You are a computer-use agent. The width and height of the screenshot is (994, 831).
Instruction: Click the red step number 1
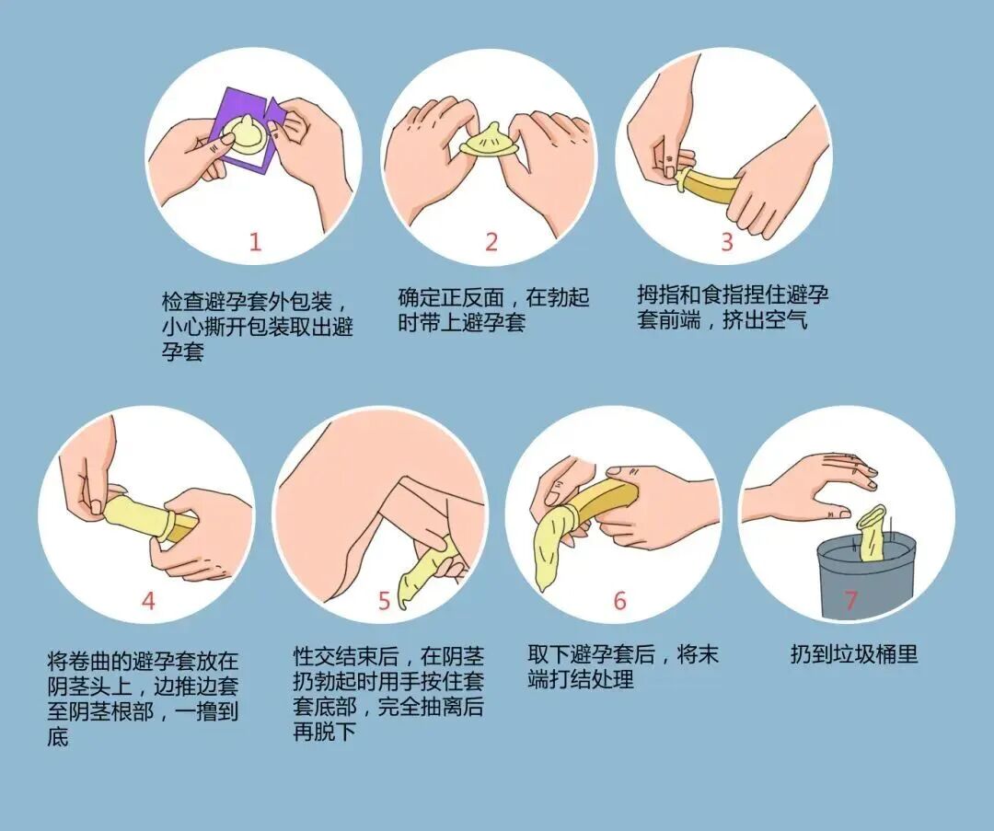point(255,242)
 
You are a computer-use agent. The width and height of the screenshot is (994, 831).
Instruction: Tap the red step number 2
point(491,242)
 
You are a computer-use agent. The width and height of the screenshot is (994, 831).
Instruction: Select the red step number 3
point(727,242)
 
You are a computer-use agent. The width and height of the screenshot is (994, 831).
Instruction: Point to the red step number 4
point(148,601)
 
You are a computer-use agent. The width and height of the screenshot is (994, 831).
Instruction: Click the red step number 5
point(385,601)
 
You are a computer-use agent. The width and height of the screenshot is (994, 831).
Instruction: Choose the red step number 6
point(619,601)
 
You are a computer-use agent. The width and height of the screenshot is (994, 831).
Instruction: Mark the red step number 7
point(851,601)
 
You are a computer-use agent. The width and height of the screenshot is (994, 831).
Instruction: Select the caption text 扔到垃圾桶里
point(854,654)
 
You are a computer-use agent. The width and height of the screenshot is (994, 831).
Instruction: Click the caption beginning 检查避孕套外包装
point(257,326)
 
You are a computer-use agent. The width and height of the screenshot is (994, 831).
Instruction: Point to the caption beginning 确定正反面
point(493,310)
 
